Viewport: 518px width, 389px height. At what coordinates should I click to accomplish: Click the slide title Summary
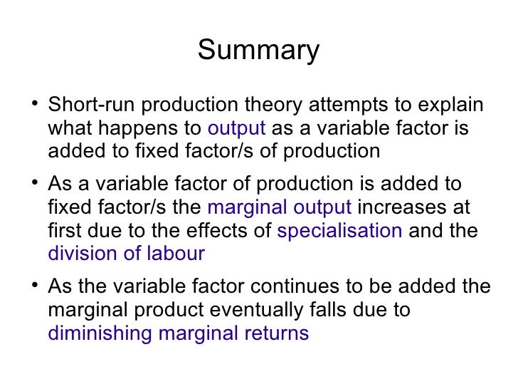[258, 51]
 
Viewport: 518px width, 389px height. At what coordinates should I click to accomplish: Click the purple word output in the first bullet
[237, 130]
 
